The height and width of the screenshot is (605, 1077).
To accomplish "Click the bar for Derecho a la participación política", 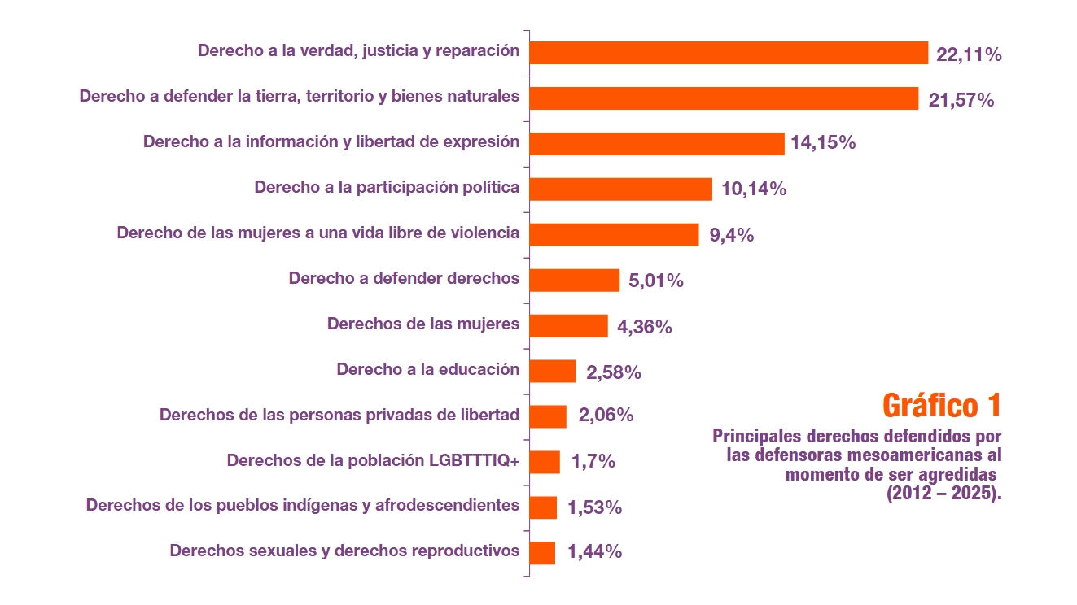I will click(620, 189).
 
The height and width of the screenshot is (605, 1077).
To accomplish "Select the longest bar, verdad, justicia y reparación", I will click(729, 53).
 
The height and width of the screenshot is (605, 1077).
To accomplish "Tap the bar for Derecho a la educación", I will click(553, 372).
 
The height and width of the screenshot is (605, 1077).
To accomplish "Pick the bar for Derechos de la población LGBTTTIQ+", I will click(545, 462).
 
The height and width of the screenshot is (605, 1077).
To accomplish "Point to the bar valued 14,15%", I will click(657, 144).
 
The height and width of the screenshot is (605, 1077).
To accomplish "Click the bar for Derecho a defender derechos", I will click(575, 281).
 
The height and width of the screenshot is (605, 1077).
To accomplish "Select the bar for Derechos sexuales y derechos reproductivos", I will click(542, 553).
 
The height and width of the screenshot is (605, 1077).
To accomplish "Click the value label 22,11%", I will click(969, 55).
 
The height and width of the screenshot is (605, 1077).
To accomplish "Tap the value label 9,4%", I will click(731, 236).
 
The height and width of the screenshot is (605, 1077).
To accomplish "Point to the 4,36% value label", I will click(644, 327).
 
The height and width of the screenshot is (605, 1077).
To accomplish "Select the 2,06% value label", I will click(606, 416).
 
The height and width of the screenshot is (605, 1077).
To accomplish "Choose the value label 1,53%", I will click(594, 507).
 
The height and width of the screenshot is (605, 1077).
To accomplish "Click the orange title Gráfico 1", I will click(941, 404).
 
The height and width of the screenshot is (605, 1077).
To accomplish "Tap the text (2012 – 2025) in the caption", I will click(943, 494).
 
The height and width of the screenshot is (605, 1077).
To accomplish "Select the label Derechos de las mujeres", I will click(422, 324).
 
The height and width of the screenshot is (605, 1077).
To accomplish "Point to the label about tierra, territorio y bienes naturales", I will click(299, 96).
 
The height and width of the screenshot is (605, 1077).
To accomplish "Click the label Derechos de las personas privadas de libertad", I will click(339, 415).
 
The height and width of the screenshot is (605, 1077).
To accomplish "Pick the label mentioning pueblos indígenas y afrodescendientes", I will click(302, 505).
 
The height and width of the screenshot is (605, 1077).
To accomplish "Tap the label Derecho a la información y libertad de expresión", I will click(331, 141).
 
